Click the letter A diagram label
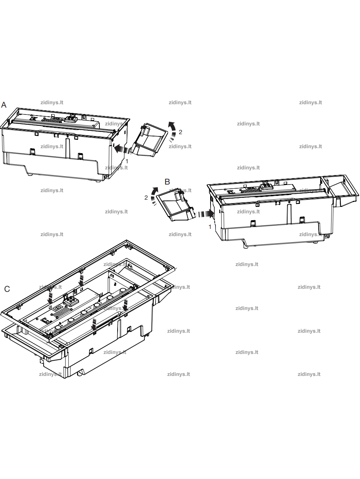4,105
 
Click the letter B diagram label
167,182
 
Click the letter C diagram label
7,289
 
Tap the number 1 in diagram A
127,161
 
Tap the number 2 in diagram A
181,132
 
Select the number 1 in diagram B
210,227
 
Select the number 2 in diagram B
146,198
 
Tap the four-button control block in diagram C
68,301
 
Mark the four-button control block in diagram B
266,186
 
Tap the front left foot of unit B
246,247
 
